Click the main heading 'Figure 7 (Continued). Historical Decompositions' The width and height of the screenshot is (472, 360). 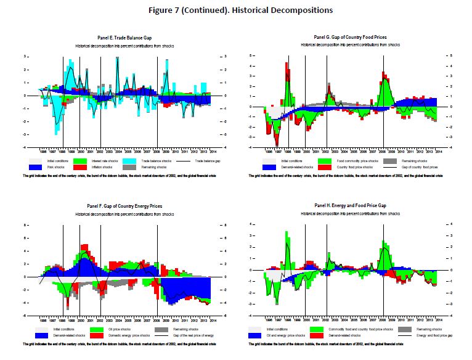[x=236, y=10]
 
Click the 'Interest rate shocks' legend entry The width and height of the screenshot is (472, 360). [x=106, y=161]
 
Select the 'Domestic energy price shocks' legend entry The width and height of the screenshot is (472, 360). [x=116, y=335]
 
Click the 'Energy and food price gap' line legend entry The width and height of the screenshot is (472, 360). [x=419, y=335]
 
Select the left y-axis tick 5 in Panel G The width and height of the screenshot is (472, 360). [x=250, y=55]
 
